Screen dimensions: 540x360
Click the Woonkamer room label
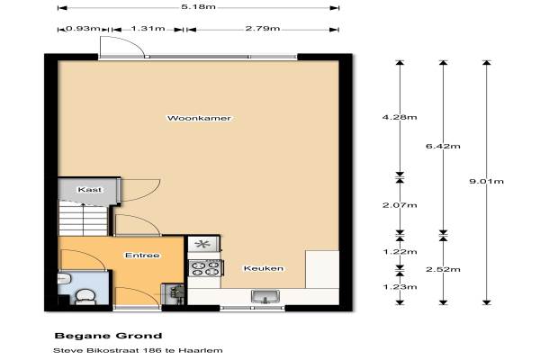(199, 118)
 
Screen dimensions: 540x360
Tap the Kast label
(90, 190)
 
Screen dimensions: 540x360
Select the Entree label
(142, 256)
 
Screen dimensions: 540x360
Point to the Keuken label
(264, 268)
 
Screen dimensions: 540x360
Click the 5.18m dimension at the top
(198, 6)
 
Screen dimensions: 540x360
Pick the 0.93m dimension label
(83, 28)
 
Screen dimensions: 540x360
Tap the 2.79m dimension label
(263, 28)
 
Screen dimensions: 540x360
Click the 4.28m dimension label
(400, 117)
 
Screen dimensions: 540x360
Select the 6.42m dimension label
(443, 146)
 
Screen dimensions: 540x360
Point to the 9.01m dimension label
(486, 181)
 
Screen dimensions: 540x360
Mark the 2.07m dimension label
(400, 205)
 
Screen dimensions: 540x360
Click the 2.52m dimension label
(443, 269)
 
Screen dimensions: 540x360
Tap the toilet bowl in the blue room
(85, 297)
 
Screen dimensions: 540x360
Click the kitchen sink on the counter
(265, 296)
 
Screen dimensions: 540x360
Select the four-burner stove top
(205, 268)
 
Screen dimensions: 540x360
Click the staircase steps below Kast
(83, 220)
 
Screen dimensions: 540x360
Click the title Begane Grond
(109, 336)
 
